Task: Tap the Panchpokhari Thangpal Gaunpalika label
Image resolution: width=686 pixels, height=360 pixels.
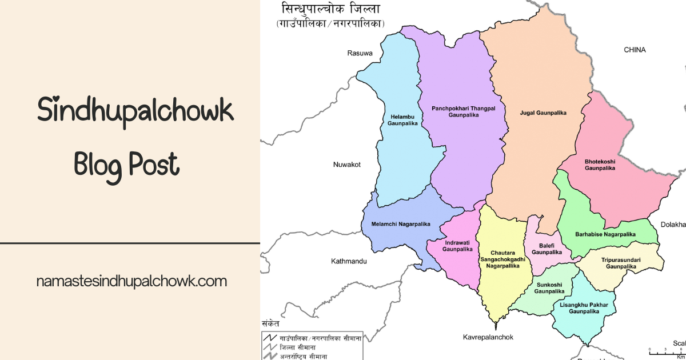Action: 463,111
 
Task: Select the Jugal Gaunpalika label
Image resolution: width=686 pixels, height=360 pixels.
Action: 543,113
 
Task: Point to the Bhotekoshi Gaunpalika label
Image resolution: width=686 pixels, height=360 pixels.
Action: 600,165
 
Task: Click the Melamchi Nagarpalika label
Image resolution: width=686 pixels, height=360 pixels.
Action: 400,225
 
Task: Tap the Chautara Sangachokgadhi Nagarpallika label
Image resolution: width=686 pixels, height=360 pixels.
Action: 500,259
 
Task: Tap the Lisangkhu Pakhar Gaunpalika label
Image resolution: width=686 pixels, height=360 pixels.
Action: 584,308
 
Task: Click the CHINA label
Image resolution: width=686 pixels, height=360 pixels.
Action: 635,50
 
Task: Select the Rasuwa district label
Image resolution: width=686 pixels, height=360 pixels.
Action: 360,53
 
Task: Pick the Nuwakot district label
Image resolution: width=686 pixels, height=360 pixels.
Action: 347,165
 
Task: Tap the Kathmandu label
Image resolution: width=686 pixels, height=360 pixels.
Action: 349,261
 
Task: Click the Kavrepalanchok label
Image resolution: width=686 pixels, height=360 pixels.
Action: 488,337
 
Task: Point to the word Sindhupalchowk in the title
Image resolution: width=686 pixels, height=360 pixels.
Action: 135,110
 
